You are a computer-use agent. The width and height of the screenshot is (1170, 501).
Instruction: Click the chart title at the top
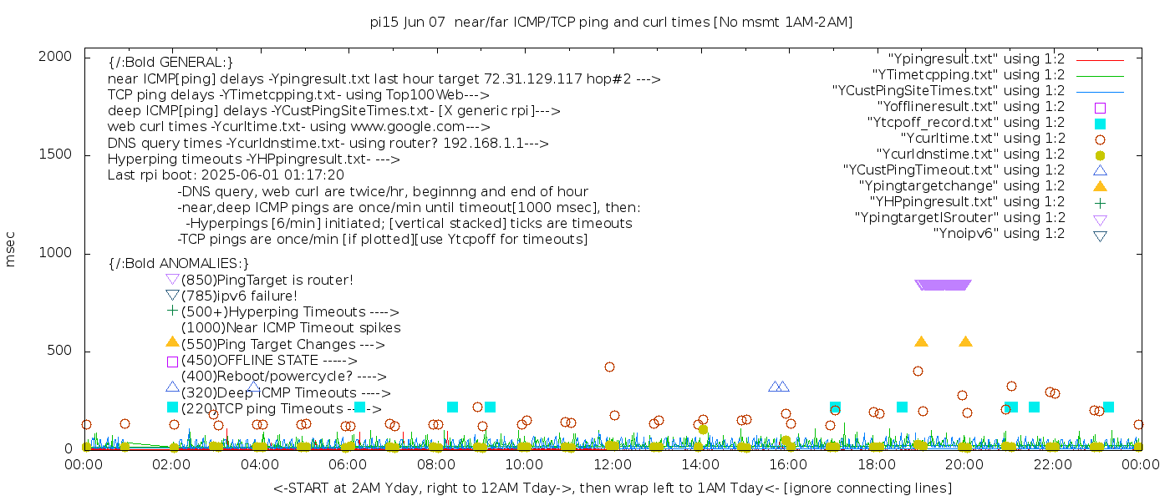[x=611, y=23]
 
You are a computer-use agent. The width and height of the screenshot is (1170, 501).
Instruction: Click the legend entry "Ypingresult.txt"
[x=977, y=59]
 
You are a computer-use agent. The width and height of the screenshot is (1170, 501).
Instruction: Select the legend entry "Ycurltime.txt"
[x=983, y=139]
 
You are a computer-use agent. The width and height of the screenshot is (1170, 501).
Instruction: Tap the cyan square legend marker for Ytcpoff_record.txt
[x=1100, y=124]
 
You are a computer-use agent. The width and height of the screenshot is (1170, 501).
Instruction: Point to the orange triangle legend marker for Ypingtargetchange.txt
[x=1100, y=185]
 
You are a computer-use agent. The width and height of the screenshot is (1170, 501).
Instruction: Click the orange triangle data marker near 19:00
[x=921, y=342]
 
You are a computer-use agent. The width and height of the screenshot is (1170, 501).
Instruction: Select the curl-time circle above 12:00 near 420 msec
[x=609, y=367]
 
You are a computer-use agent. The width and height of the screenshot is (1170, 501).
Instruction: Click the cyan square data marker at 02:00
[x=173, y=407]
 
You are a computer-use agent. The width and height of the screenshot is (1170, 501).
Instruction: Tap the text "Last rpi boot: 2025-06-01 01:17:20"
[x=226, y=175]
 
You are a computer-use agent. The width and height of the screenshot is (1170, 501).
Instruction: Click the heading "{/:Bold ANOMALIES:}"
[x=179, y=263]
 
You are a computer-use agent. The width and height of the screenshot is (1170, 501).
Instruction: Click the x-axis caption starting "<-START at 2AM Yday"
[x=612, y=487]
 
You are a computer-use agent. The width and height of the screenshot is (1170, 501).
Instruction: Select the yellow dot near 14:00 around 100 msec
[x=703, y=429]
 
